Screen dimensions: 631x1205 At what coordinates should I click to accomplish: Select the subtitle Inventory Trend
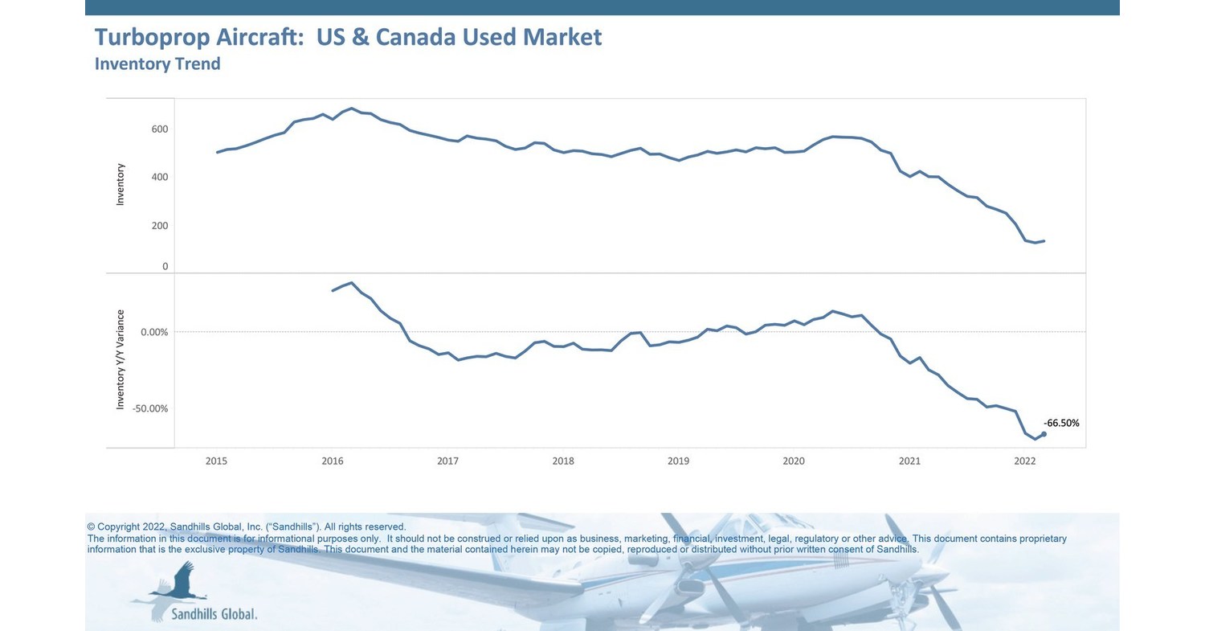point(157,64)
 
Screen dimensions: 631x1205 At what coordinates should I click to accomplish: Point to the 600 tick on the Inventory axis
point(159,129)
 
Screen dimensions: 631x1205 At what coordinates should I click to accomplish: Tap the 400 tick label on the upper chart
point(159,177)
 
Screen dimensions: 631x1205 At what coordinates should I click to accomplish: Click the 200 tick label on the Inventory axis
point(159,226)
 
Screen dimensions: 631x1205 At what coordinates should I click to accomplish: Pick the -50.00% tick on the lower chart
point(151,408)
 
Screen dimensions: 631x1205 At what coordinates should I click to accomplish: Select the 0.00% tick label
point(155,332)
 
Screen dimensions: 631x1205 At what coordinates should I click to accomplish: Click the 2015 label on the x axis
point(216,461)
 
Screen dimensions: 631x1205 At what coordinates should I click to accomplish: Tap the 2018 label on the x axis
point(563,461)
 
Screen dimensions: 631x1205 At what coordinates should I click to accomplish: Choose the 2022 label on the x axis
point(1025,461)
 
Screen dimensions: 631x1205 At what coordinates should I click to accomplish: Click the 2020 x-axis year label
point(794,461)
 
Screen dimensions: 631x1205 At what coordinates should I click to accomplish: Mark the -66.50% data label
point(1061,423)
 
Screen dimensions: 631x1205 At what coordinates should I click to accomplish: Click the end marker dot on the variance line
point(1044,434)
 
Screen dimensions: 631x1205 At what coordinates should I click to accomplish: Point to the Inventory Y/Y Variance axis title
point(120,359)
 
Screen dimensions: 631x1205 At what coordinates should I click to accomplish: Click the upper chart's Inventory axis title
point(120,184)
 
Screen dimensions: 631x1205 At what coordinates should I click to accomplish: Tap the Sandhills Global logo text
point(214,614)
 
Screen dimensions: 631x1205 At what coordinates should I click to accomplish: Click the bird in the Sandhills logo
point(181,583)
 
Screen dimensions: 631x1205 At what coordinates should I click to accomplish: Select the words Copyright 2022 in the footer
point(132,527)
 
